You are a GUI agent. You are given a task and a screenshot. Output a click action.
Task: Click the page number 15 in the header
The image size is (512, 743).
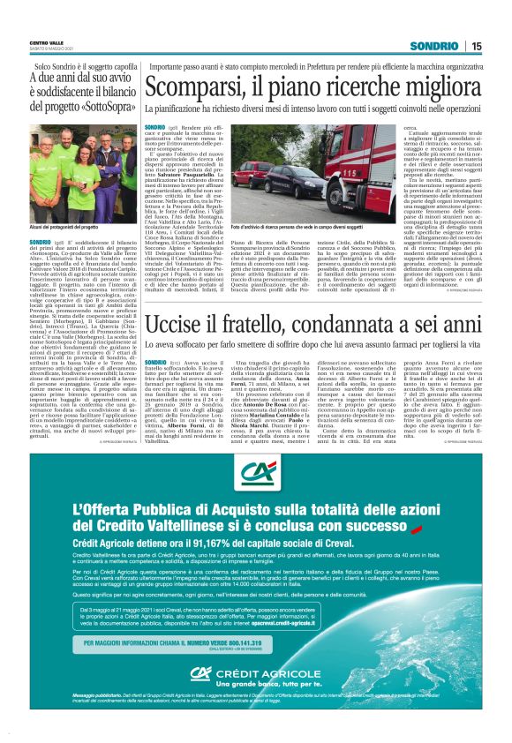476,46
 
